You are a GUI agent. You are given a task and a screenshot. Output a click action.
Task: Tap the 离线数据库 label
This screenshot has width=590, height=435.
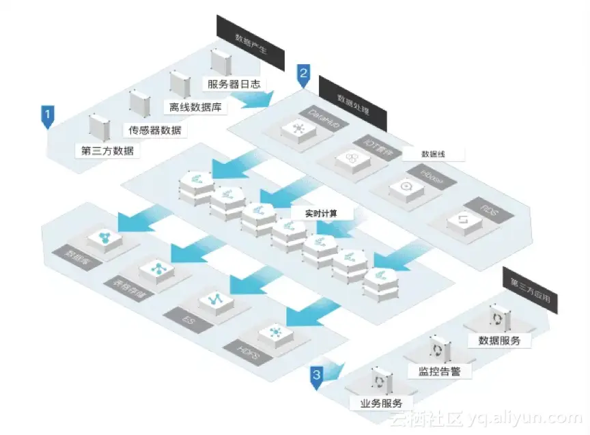pos(195,107)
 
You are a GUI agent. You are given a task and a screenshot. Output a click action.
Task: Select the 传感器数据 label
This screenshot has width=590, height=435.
pos(156,130)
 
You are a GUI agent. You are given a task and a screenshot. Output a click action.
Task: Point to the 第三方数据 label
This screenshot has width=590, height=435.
pos(108,151)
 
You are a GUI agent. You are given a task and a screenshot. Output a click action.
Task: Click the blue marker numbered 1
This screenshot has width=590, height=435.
pos(47,115)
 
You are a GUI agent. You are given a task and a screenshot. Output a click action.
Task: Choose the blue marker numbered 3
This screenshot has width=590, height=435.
pos(316,377)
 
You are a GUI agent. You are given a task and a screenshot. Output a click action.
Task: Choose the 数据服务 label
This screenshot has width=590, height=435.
pos(499,340)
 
